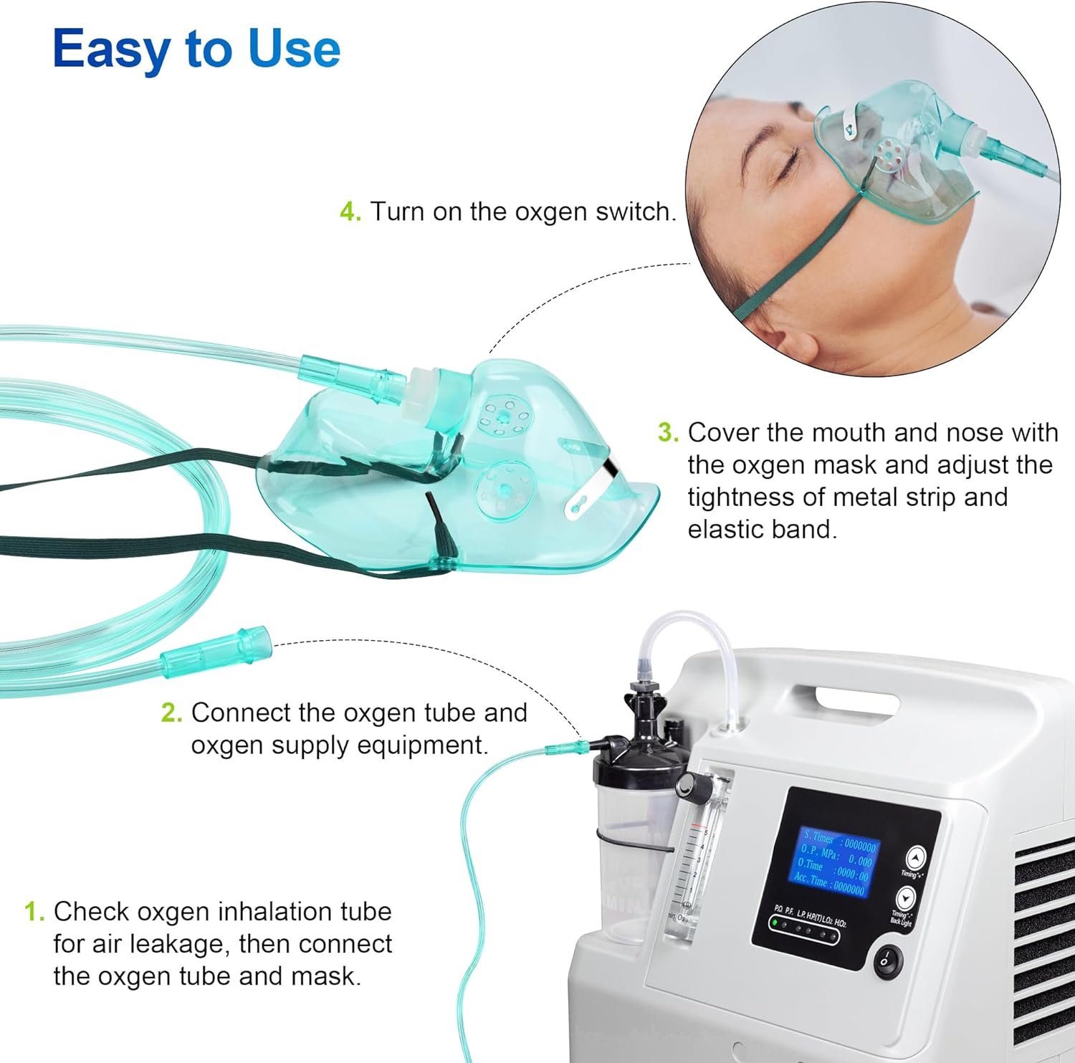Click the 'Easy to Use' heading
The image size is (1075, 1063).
[x=196, y=49]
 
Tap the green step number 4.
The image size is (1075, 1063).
[x=350, y=212]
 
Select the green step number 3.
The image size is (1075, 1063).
[x=667, y=433]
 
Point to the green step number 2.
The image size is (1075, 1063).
[x=171, y=713]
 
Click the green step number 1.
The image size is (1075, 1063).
[x=34, y=912]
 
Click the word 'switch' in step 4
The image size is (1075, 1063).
[x=635, y=212]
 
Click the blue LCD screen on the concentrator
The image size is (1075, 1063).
[x=835, y=863]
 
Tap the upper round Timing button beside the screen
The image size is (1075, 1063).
[x=915, y=857]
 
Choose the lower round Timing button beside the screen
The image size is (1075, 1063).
[x=906, y=897]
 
